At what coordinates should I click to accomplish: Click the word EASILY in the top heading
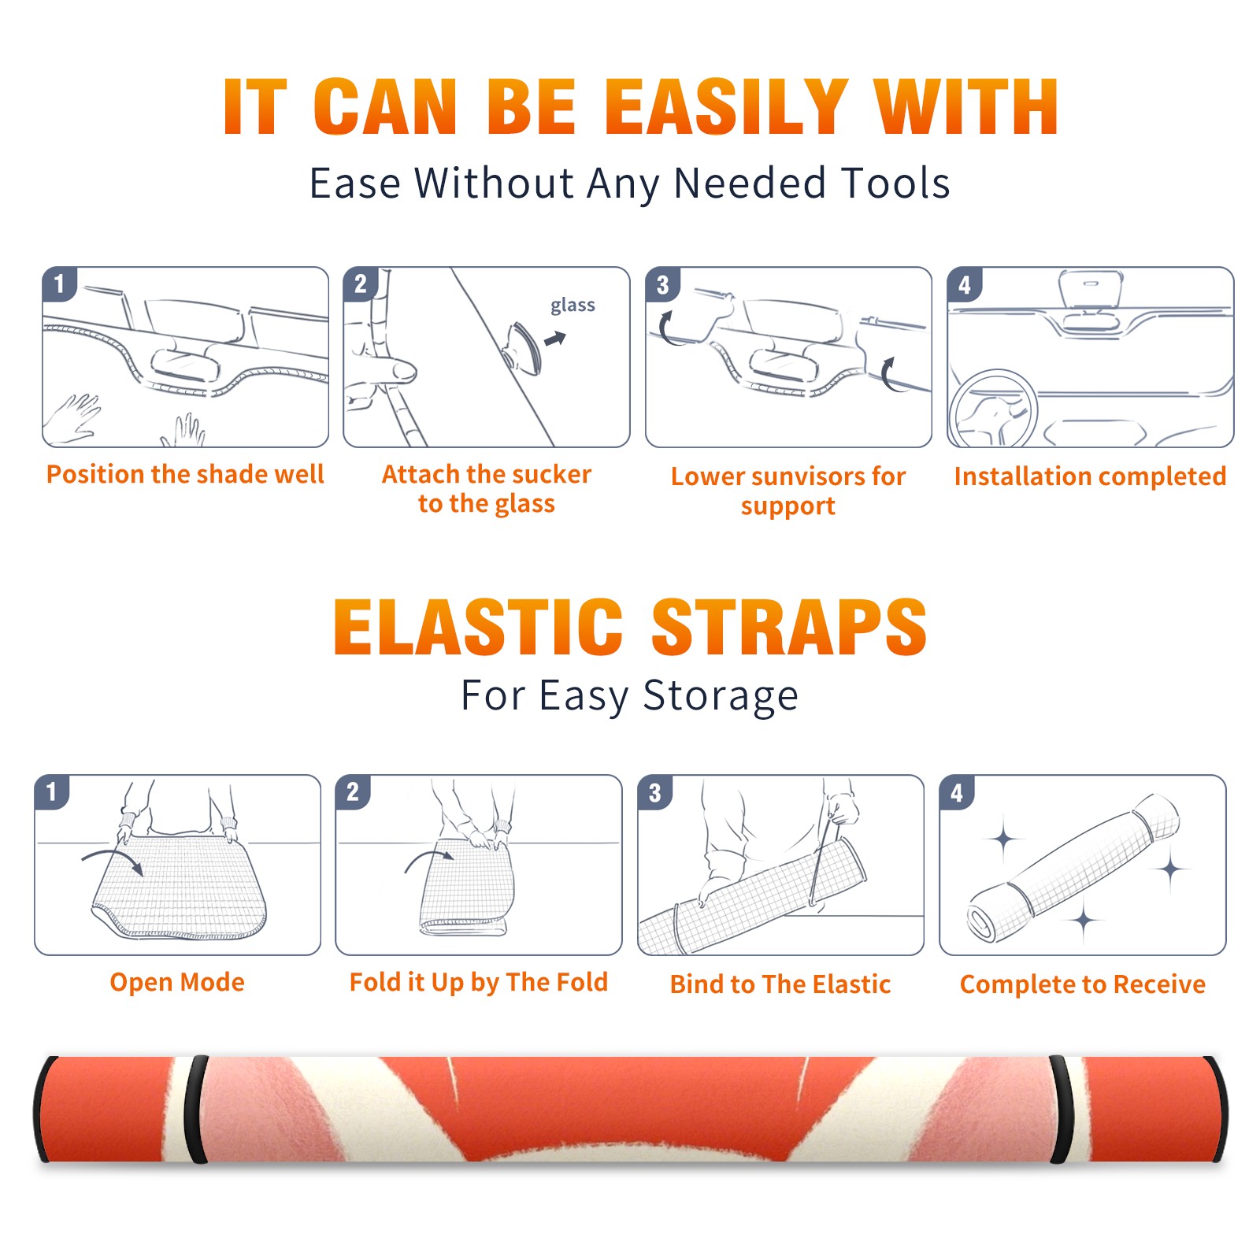[726, 107]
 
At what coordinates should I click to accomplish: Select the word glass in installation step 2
[573, 306]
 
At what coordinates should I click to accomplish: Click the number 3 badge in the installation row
[663, 284]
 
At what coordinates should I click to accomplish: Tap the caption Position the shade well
[185, 474]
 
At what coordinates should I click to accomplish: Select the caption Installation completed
[1090, 476]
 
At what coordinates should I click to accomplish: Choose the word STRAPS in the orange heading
[789, 627]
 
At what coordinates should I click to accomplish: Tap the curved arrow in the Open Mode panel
[112, 860]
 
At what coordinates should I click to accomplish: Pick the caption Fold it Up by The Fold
[479, 983]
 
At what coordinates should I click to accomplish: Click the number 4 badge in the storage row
[957, 792]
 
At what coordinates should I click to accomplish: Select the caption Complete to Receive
[1082, 985]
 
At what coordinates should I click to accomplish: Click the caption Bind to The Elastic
[780, 985]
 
